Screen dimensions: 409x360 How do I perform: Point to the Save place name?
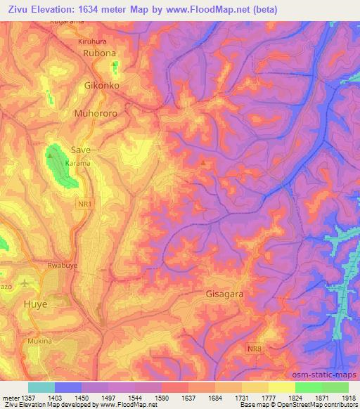(81, 150)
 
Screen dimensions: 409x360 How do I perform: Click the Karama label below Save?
(78, 163)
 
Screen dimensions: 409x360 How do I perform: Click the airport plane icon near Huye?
(27, 283)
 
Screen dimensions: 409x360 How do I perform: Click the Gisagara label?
(225, 295)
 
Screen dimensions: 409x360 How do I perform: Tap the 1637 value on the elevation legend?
(200, 398)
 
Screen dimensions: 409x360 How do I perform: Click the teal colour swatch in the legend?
(41, 387)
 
